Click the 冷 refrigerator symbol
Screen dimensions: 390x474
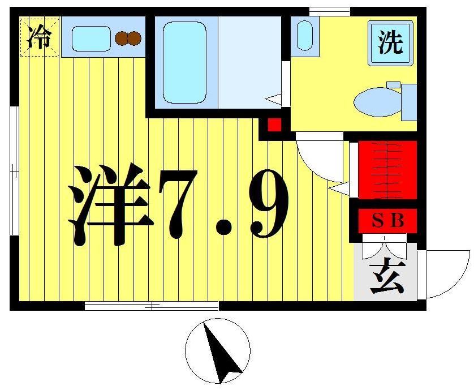coord(39,37)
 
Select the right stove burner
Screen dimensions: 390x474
coord(135,38)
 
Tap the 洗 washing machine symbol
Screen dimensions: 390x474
coord(391,43)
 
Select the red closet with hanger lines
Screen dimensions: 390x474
coord(387,169)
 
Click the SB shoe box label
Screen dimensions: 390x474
coord(387,221)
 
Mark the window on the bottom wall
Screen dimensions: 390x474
coord(152,306)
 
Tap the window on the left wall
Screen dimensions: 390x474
coord(14,170)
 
